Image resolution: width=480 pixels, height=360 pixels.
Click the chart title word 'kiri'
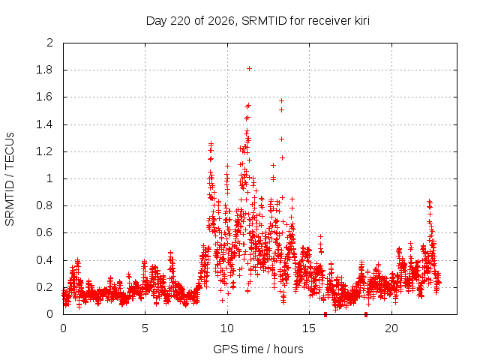pyautogui.click(x=362, y=21)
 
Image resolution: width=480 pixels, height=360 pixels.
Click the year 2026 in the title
pyautogui.click(x=221, y=21)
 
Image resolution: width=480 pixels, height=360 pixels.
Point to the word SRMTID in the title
pyautogui.click(x=264, y=21)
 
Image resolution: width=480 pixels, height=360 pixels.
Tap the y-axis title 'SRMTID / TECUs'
pyautogui.click(x=10, y=179)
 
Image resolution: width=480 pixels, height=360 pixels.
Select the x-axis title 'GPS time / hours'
pyautogui.click(x=258, y=349)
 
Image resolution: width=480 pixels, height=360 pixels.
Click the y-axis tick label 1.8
pyautogui.click(x=44, y=70)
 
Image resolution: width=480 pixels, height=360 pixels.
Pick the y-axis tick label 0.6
pyautogui.click(x=44, y=232)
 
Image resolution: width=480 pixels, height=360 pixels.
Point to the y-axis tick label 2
pyautogui.click(x=50, y=43)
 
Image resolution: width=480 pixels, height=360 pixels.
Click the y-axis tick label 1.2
pyautogui.click(x=44, y=151)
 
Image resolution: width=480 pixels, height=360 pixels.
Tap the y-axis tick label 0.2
pyautogui.click(x=44, y=287)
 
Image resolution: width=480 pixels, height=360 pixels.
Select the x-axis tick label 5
pyautogui.click(x=145, y=328)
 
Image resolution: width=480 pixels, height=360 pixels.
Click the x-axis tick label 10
pyautogui.click(x=227, y=328)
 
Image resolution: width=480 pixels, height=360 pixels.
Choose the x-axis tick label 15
pyautogui.click(x=309, y=328)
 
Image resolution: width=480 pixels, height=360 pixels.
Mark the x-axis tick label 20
pyautogui.click(x=391, y=328)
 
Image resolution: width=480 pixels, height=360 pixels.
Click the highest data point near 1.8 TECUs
pyautogui.click(x=250, y=68)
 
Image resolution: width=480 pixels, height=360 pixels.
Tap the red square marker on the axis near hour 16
pyautogui.click(x=325, y=314)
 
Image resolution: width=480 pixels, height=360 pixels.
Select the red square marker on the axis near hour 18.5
pyautogui.click(x=366, y=314)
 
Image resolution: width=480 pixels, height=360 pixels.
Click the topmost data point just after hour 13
pyautogui.click(x=282, y=100)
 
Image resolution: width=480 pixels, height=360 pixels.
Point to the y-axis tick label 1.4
pyautogui.click(x=44, y=124)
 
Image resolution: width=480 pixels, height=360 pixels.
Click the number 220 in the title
pyautogui.click(x=180, y=21)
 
